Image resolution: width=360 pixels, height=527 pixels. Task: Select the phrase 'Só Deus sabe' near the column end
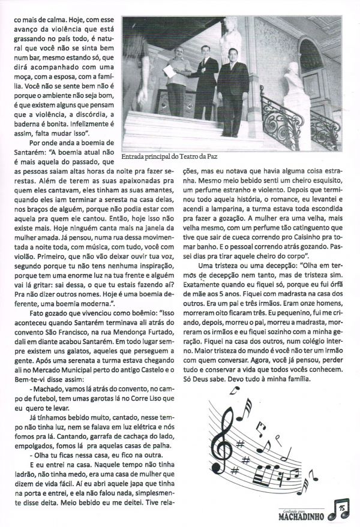pyautogui.click(x=213, y=380)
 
